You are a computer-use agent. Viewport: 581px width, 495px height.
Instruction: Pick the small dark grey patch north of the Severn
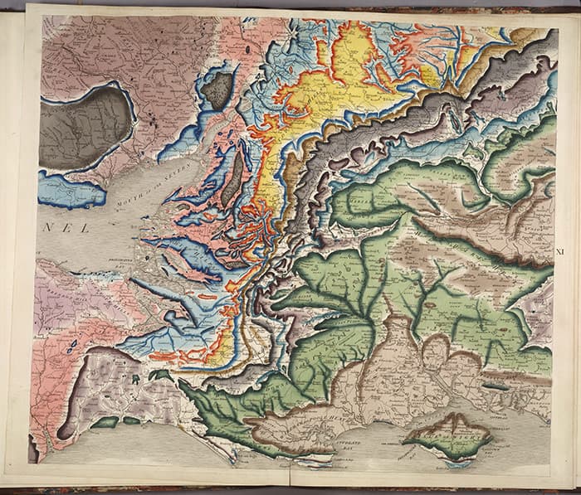coord(217,89)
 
